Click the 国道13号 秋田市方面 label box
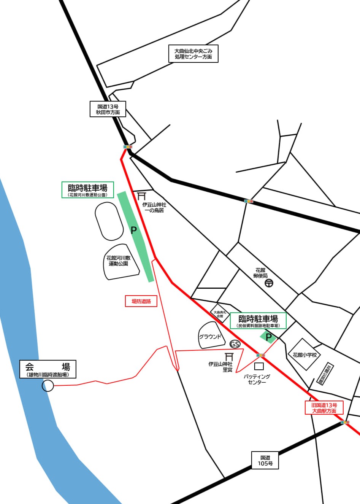coord(108,109)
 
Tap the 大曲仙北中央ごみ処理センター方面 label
coord(193,54)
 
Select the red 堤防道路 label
coord(141,301)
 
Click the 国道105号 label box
coord(265,460)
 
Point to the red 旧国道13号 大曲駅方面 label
coord(324,408)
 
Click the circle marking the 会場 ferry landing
coord(48,385)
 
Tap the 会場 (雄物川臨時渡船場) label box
coord(48,369)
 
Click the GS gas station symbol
coord(235,344)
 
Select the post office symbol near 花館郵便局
coord(269,283)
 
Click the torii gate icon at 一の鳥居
coord(142,196)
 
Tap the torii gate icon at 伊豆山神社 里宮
coord(229,357)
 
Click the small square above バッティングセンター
coord(259,366)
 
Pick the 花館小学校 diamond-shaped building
coord(304,355)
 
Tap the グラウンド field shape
coord(211,336)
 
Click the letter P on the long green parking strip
coord(133,230)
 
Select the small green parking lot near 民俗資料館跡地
coord(268,337)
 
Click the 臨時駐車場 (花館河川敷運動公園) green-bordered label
coord(88,189)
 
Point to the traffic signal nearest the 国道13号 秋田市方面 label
coord(128,146)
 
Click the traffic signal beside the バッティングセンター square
coord(260,355)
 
